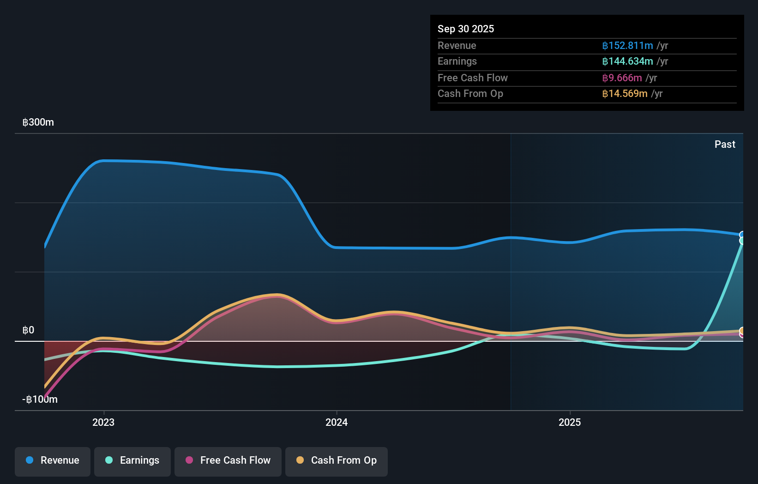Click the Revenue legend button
click(x=53, y=461)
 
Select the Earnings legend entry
click(x=132, y=461)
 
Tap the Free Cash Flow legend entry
click(x=228, y=461)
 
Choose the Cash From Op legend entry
click(x=337, y=461)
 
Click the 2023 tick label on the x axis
click(x=103, y=423)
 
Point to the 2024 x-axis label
click(x=337, y=423)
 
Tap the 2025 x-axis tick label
click(x=570, y=423)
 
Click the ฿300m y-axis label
click(x=38, y=122)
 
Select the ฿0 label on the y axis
click(x=28, y=330)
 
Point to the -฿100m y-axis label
click(x=40, y=399)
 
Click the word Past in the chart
click(x=725, y=145)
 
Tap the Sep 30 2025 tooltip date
click(x=466, y=29)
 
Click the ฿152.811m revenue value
click(x=627, y=46)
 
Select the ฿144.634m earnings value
click(x=627, y=61)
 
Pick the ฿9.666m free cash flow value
click(x=622, y=78)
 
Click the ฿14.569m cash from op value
click(x=625, y=94)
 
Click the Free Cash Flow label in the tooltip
click(x=472, y=78)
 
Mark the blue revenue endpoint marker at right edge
click(x=742, y=235)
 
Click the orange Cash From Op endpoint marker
click(x=742, y=331)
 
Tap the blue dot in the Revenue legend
click(x=30, y=460)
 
